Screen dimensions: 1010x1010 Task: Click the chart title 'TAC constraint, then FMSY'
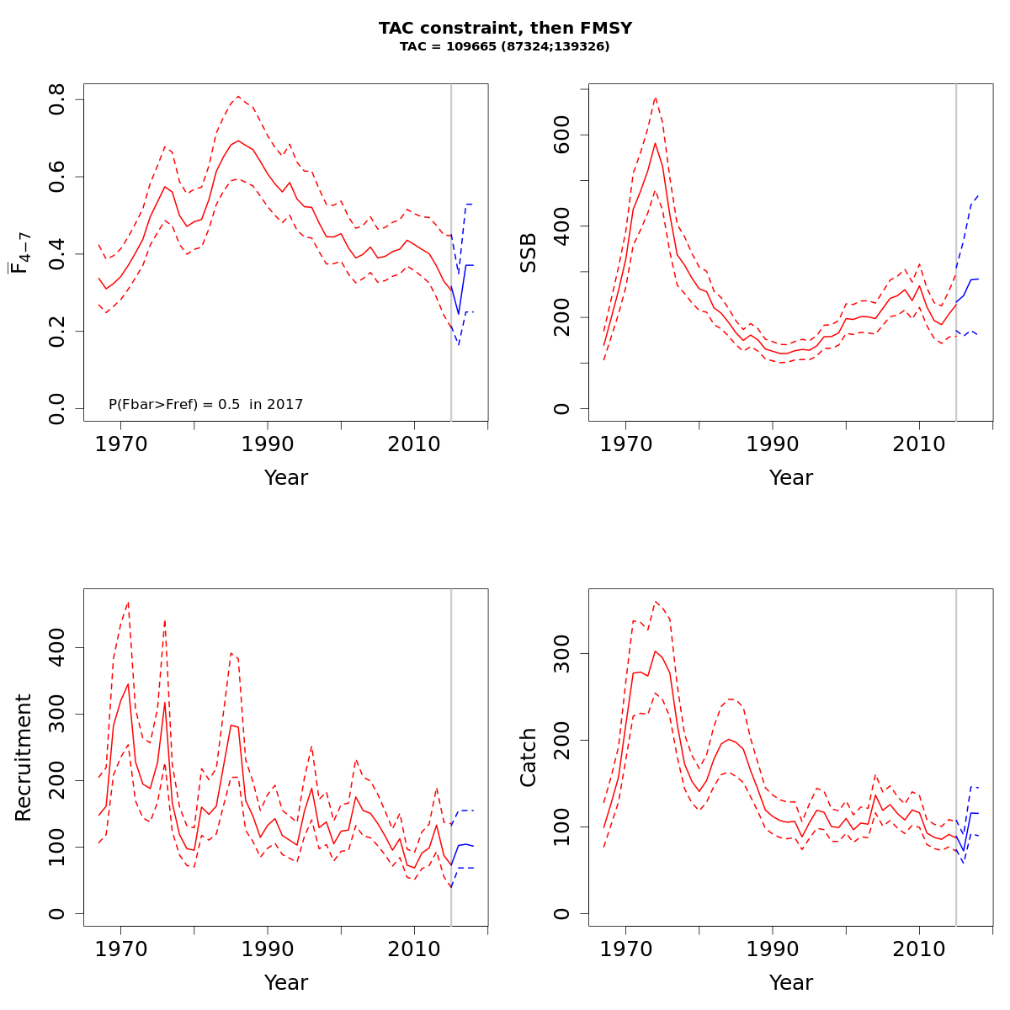(x=505, y=28)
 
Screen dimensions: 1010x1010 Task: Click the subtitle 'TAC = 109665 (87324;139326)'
(x=505, y=46)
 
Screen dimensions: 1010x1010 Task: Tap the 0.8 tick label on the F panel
(x=57, y=100)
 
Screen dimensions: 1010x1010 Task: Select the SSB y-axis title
(x=529, y=252)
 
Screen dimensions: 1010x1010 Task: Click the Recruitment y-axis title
(x=24, y=757)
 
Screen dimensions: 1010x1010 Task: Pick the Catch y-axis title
(x=529, y=757)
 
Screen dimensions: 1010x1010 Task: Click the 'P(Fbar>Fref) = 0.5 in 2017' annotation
(x=205, y=405)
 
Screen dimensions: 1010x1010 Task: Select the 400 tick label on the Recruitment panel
(x=57, y=647)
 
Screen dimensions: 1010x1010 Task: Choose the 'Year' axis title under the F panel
(x=286, y=478)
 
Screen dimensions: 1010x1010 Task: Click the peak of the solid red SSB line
(x=655, y=142)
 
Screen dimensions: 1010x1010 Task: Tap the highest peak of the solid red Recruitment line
(x=128, y=683)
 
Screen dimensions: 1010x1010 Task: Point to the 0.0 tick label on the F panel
(x=57, y=408)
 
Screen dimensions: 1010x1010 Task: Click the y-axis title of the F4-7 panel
(x=20, y=252)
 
